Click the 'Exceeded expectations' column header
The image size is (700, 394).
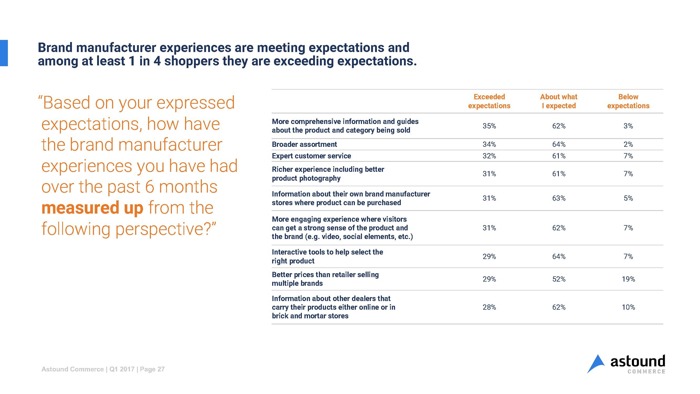(x=489, y=101)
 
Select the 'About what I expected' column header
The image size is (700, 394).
(x=559, y=101)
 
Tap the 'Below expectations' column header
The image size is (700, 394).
(x=628, y=101)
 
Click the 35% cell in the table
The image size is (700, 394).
(x=489, y=126)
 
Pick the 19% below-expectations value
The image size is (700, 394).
(x=628, y=279)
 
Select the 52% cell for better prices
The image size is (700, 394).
(x=559, y=279)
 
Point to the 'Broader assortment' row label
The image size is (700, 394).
(x=304, y=144)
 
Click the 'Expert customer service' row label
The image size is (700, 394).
(x=311, y=156)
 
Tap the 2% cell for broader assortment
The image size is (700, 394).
(x=628, y=144)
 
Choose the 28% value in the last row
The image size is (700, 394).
(x=489, y=307)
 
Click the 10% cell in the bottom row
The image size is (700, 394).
(x=628, y=307)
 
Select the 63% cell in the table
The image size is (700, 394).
(x=559, y=198)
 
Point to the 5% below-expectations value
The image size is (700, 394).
(x=628, y=198)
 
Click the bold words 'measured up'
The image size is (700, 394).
(x=92, y=208)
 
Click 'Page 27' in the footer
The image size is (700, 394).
(x=152, y=369)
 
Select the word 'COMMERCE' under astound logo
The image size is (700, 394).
(x=646, y=372)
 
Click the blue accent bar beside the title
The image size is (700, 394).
(x=4, y=53)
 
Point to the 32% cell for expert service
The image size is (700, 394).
(x=489, y=156)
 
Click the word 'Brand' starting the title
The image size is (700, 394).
(x=55, y=48)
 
